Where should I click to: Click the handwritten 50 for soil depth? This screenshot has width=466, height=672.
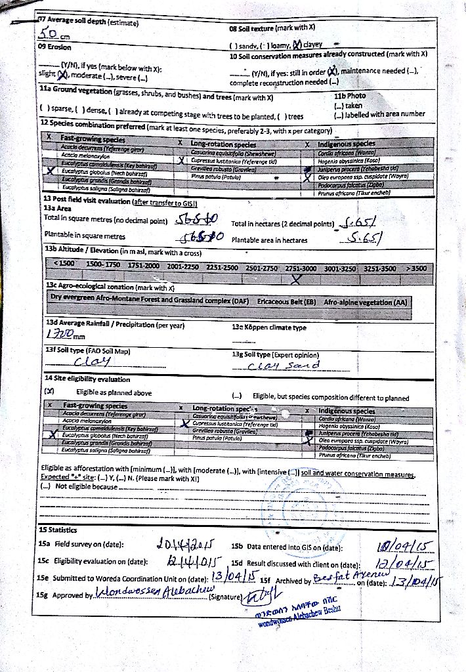tap(50, 34)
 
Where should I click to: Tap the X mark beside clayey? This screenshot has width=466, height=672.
tap(296, 45)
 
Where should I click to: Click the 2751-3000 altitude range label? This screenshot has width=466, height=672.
tap(300, 267)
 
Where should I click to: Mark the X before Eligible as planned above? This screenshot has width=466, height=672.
tap(48, 392)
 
